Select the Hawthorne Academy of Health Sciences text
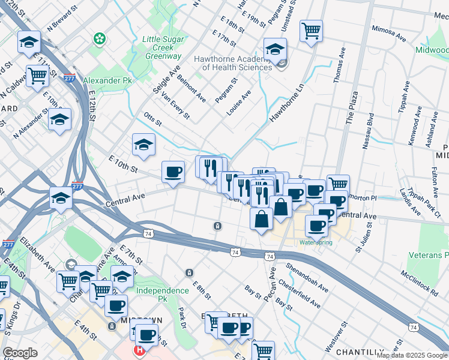[233, 63]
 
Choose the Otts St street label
[153, 119]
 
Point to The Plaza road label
[351, 108]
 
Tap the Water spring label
[315, 242]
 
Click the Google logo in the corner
[20, 353]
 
